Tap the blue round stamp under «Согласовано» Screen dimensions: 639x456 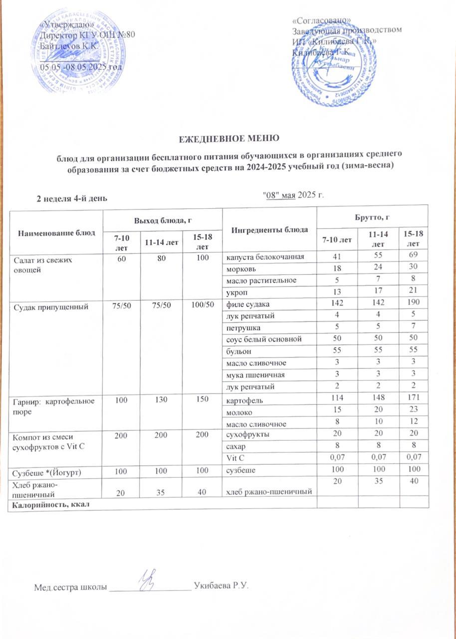click(334, 67)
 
